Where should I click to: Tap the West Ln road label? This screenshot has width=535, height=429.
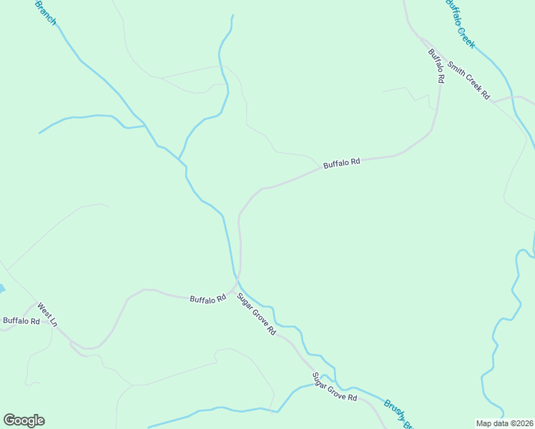(x=46, y=316)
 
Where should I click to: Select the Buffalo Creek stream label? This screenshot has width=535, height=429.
(x=459, y=24)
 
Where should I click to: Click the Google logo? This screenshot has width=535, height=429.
(x=24, y=420)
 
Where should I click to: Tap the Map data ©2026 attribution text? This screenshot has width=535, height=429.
(x=505, y=423)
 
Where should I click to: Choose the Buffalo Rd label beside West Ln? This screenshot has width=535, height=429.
(x=21, y=321)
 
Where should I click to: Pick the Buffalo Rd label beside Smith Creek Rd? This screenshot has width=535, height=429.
(x=436, y=66)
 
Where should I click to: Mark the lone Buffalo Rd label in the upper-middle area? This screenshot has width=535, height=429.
(x=341, y=164)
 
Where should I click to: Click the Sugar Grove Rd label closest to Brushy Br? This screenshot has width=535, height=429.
(x=334, y=387)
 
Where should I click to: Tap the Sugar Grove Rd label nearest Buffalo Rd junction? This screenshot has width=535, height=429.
(x=256, y=315)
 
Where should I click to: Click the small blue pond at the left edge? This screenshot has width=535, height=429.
(x=1, y=290)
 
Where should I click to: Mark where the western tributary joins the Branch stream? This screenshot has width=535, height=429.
(x=145, y=125)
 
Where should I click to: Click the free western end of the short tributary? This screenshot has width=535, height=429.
(x=39, y=133)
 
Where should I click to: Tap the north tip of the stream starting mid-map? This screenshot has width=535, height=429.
(x=232, y=15)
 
